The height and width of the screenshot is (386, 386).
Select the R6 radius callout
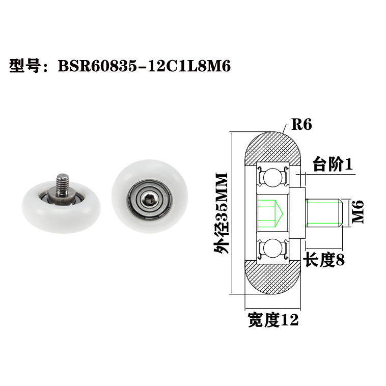pyautogui.click(x=301, y=125)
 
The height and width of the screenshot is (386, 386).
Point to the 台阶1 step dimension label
pyautogui.click(x=333, y=164)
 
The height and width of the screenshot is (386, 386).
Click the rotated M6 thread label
pyautogui.click(x=359, y=212)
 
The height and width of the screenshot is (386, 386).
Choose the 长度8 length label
pyautogui.click(x=324, y=260)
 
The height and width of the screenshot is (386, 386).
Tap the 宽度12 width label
pyautogui.click(x=272, y=320)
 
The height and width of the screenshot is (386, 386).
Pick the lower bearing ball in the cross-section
pyautogui.click(x=273, y=250)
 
